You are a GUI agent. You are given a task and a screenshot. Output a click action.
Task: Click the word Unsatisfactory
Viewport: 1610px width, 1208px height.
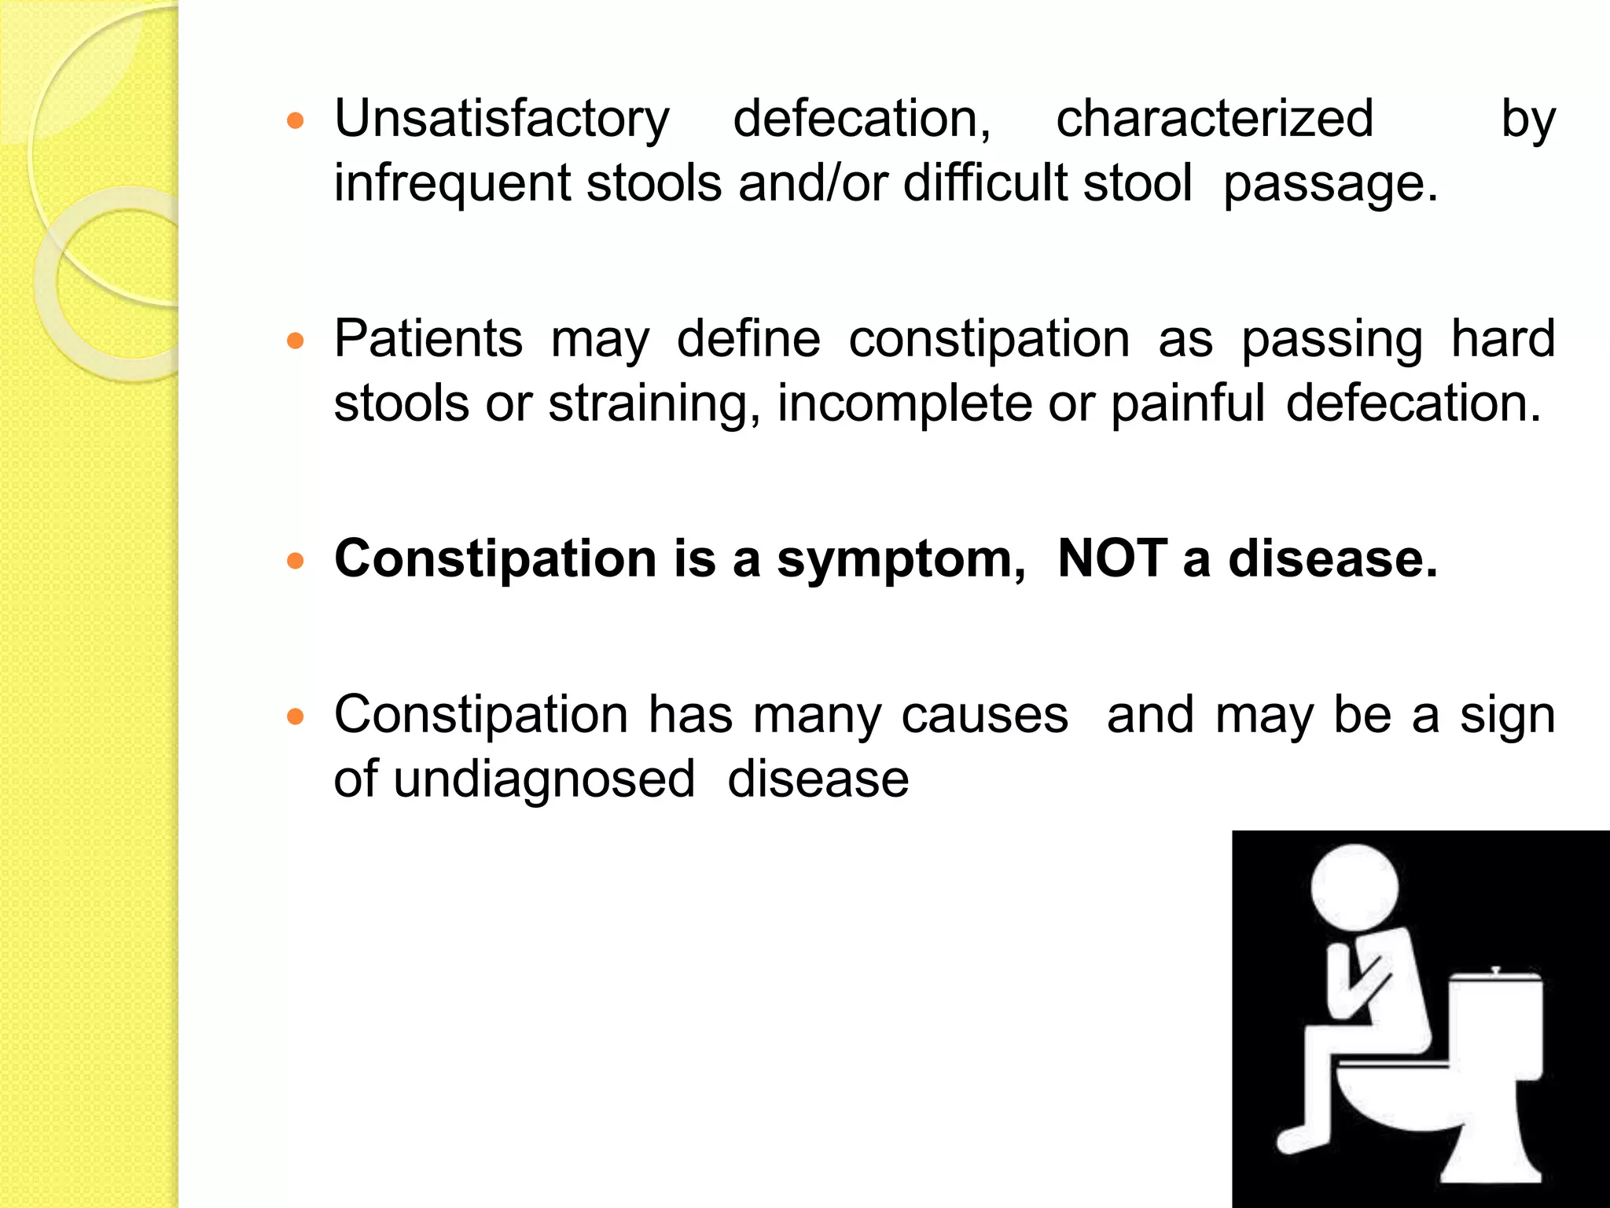(502, 120)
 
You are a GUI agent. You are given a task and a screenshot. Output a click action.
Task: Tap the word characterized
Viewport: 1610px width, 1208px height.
(1214, 120)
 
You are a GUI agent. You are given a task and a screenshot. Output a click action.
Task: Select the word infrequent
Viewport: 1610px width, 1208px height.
(452, 183)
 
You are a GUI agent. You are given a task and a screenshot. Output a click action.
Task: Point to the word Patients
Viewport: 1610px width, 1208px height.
(428, 340)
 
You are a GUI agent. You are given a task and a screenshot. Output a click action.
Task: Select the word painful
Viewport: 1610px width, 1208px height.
(1187, 404)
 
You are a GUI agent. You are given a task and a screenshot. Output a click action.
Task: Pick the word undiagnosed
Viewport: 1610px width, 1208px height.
(544, 780)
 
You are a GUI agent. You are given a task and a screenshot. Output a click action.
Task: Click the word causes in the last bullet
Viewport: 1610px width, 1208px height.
(984, 716)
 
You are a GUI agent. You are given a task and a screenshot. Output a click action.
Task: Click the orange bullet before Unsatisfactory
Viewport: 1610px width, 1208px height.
(296, 122)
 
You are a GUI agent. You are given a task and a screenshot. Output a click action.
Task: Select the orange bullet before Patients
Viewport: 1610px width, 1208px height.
(296, 341)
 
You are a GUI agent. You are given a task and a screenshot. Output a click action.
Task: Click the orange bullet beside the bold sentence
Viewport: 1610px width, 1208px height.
(296, 561)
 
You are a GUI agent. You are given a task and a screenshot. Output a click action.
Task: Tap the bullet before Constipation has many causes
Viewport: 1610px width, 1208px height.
(296, 716)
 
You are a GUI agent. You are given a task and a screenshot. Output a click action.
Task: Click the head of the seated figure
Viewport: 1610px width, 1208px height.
(1355, 888)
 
